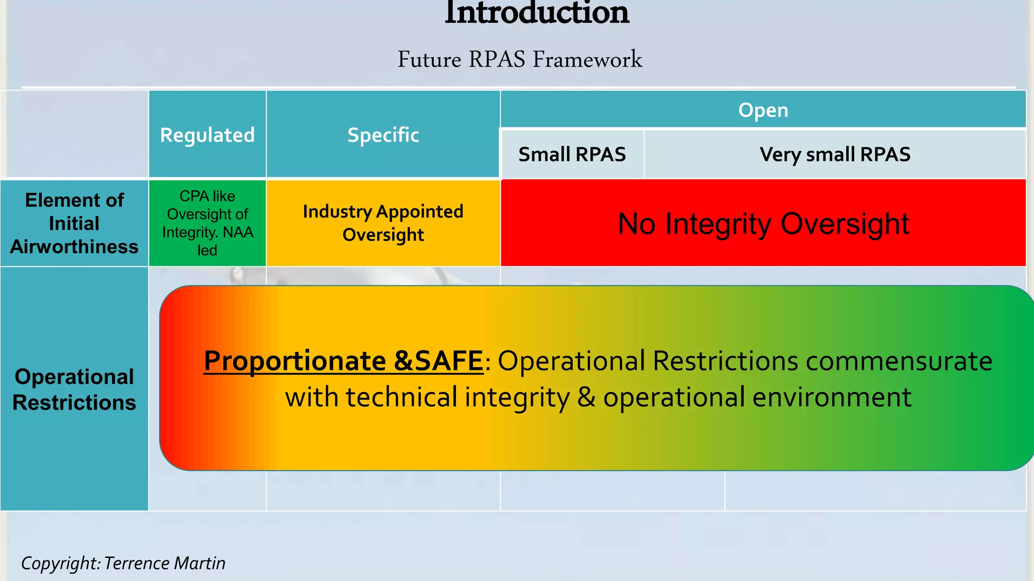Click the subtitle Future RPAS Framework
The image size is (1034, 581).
pyautogui.click(x=520, y=60)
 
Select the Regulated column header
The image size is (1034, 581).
pyautogui.click(x=207, y=135)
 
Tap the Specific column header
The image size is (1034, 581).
pyautogui.click(x=383, y=135)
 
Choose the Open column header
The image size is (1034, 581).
pyautogui.click(x=763, y=110)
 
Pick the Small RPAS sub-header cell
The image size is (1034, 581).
pyautogui.click(x=572, y=154)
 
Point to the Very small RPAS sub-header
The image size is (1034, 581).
pyautogui.click(x=835, y=154)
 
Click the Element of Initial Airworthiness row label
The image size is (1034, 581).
pyautogui.click(x=74, y=223)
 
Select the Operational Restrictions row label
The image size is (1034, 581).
pyautogui.click(x=74, y=389)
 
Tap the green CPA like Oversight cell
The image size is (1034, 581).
pyautogui.click(x=207, y=223)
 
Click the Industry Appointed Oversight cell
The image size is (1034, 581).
pyautogui.click(x=383, y=223)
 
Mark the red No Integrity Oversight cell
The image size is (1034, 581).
pyautogui.click(x=763, y=223)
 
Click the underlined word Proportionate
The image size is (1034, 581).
pyautogui.click(x=295, y=361)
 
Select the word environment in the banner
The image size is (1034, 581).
pyautogui.click(x=832, y=397)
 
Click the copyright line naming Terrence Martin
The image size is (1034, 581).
pyautogui.click(x=123, y=563)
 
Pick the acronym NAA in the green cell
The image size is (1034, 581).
pyautogui.click(x=238, y=233)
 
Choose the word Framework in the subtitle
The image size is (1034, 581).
pyautogui.click(x=587, y=60)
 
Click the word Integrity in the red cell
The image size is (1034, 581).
pyautogui.click(x=718, y=224)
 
